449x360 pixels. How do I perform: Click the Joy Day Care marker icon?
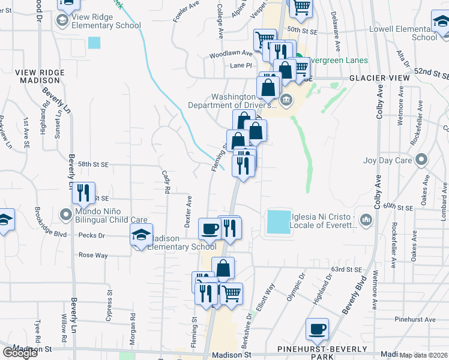pyautogui.click(x=421, y=160)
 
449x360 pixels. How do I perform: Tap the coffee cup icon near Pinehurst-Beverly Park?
pyautogui.click(x=317, y=329)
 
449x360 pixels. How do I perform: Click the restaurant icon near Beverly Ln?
pyautogui.click(x=83, y=193)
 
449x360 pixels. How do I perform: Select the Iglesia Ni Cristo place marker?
pyautogui.click(x=366, y=222)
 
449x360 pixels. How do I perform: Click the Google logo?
pyautogui.click(x=20, y=353)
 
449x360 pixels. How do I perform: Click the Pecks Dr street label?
pyautogui.click(x=92, y=236)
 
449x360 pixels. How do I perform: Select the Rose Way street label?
pyautogui.click(x=93, y=255)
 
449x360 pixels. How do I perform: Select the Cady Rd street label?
pyautogui.click(x=166, y=181)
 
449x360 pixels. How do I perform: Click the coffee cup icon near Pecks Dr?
pyautogui.click(x=209, y=228)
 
